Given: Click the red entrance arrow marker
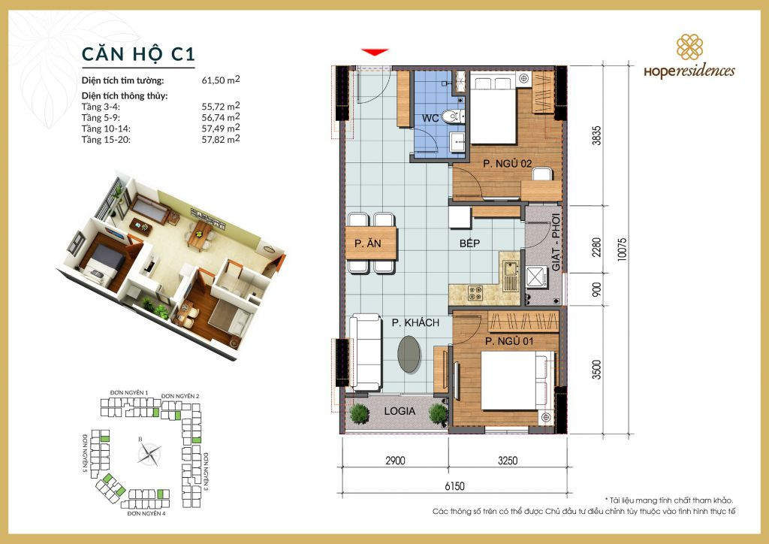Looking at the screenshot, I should pyautogui.click(x=375, y=52).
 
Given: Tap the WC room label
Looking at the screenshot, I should pyautogui.click(x=430, y=118).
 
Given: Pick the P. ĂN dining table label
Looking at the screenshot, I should pyautogui.click(x=371, y=243).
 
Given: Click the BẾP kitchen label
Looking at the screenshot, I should pyautogui.click(x=470, y=243).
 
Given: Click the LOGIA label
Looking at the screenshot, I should pyautogui.click(x=400, y=412).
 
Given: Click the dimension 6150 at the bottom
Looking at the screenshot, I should pyautogui.click(x=453, y=486).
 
